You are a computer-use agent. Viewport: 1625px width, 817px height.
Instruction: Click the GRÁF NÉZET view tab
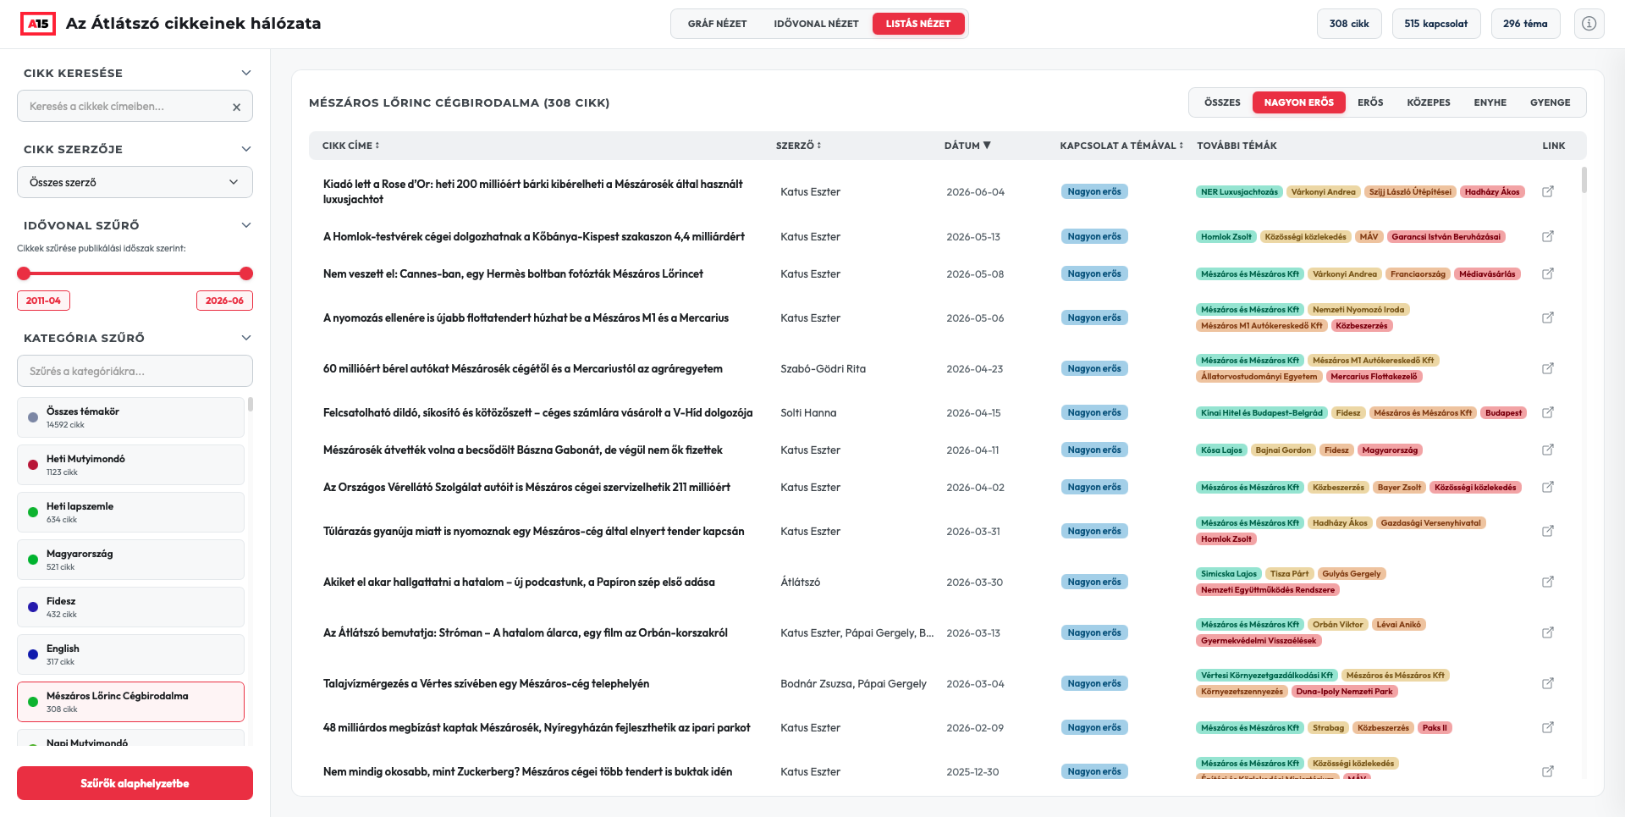point(717,24)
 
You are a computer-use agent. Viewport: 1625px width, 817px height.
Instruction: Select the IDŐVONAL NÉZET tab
point(816,24)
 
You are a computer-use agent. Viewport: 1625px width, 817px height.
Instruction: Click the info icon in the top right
point(1589,24)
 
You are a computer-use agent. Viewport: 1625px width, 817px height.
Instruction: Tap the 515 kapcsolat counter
point(1435,24)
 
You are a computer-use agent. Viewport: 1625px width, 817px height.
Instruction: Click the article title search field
point(127,107)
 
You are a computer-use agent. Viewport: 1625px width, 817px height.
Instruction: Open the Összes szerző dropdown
point(135,182)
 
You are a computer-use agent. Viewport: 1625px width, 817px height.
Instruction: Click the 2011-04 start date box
point(43,301)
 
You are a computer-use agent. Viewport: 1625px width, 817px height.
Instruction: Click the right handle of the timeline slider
point(246,273)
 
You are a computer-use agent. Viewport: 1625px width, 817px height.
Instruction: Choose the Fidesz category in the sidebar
point(130,607)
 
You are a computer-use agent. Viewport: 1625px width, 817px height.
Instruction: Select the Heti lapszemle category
point(130,512)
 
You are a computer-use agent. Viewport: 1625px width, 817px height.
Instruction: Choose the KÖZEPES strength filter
point(1428,102)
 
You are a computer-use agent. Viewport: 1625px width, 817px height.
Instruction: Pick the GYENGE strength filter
point(1550,102)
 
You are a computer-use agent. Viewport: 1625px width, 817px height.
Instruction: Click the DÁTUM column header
point(967,146)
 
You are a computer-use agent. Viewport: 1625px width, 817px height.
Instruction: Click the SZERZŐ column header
point(798,146)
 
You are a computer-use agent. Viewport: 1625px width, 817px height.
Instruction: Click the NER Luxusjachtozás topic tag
point(1239,192)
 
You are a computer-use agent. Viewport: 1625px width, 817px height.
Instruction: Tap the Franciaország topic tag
point(1418,274)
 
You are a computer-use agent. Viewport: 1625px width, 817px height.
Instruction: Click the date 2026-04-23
point(974,369)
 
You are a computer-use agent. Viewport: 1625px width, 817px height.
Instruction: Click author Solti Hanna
point(808,413)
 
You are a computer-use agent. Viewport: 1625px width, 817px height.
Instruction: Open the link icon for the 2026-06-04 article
point(1547,191)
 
